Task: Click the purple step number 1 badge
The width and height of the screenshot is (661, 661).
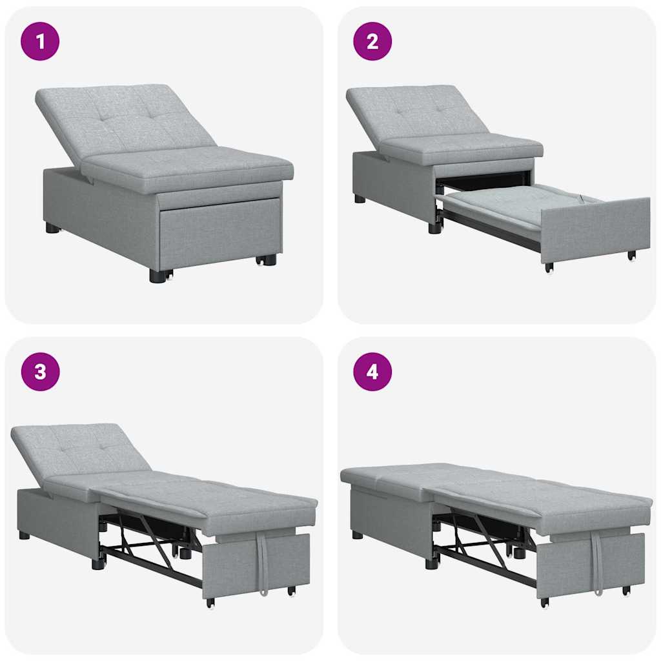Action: (x=40, y=41)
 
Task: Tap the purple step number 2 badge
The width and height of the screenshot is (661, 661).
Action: (x=372, y=41)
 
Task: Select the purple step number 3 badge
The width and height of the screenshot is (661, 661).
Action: (x=40, y=372)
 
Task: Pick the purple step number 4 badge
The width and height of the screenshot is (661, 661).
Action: (x=372, y=372)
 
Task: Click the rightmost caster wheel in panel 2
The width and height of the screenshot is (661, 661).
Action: (x=631, y=256)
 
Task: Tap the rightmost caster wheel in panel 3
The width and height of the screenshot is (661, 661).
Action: (x=291, y=591)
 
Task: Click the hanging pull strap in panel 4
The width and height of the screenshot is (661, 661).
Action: (x=597, y=562)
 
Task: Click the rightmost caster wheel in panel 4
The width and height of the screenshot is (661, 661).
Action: (x=625, y=591)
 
